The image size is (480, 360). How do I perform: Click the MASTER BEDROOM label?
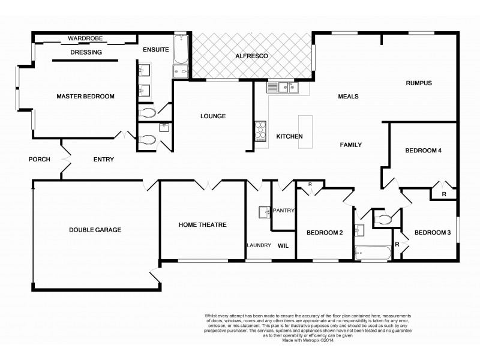pyautogui.click(x=85, y=96)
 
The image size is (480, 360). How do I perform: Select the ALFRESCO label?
pyautogui.click(x=252, y=56)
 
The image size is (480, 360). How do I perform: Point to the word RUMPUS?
pyautogui.click(x=419, y=83)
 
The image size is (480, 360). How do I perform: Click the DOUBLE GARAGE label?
pyautogui.click(x=95, y=230)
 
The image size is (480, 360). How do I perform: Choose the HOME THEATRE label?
pyautogui.click(x=202, y=225)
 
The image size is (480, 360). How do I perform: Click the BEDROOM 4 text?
pyautogui.click(x=423, y=151)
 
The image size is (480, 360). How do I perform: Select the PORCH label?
pyautogui.click(x=39, y=159)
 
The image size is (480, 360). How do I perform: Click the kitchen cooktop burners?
pyautogui.click(x=261, y=130)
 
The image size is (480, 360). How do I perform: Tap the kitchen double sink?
pyautogui.click(x=283, y=88)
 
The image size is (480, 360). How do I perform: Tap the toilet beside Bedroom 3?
pyautogui.click(x=383, y=220)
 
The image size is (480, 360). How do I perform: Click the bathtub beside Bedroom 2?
pyautogui.click(x=371, y=252)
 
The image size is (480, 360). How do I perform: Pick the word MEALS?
pyautogui.click(x=348, y=96)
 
